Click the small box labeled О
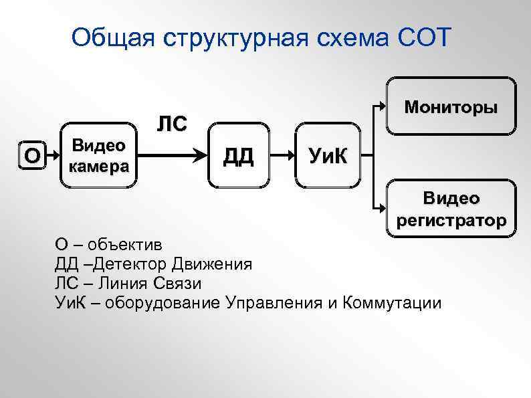31,155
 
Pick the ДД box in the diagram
238,156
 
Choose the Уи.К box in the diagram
328,156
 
